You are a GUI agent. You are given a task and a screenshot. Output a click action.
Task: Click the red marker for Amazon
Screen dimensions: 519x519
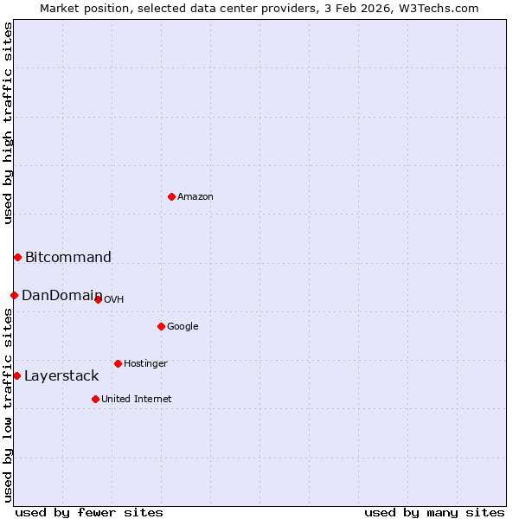pyautogui.click(x=171, y=196)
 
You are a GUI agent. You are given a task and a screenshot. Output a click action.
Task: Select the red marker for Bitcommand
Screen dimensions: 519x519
pyautogui.click(x=17, y=257)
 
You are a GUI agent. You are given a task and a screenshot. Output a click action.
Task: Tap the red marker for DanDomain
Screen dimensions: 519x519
pyautogui.click(x=14, y=295)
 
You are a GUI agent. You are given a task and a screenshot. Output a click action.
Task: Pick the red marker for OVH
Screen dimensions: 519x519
pyautogui.click(x=98, y=299)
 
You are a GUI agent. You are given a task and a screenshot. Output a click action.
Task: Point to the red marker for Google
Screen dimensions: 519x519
pyautogui.click(x=161, y=326)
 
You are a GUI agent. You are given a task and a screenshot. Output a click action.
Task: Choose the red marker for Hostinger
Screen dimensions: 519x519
pyautogui.click(x=118, y=363)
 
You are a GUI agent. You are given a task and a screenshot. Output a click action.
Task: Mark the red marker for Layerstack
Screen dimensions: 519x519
pyautogui.click(x=16, y=375)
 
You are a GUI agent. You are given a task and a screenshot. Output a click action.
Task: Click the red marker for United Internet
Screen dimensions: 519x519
pyautogui.click(x=95, y=399)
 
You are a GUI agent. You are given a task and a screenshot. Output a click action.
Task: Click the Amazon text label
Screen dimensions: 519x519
pyautogui.click(x=195, y=197)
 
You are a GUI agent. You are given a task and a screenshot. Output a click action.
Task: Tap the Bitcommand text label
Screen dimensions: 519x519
pyautogui.click(x=68, y=257)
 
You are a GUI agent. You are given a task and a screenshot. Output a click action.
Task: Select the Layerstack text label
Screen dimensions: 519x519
pyautogui.click(x=61, y=375)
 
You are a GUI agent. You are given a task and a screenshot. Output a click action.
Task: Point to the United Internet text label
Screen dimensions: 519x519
pyautogui.click(x=137, y=399)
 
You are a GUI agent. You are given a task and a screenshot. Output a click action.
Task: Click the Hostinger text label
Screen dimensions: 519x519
pyautogui.click(x=145, y=364)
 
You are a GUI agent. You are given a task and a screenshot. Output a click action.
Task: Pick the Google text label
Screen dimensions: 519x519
pyautogui.click(x=183, y=327)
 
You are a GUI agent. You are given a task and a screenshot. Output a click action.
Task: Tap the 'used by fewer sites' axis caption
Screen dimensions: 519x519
pyautogui.click(x=89, y=512)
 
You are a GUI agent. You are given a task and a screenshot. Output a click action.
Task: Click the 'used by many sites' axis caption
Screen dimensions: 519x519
pyautogui.click(x=434, y=512)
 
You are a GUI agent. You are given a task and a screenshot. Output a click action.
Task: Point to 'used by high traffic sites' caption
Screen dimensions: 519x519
pyautogui.click(x=8, y=123)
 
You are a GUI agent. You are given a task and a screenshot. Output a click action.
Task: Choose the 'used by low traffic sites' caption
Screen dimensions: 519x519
pyautogui.click(x=8, y=405)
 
